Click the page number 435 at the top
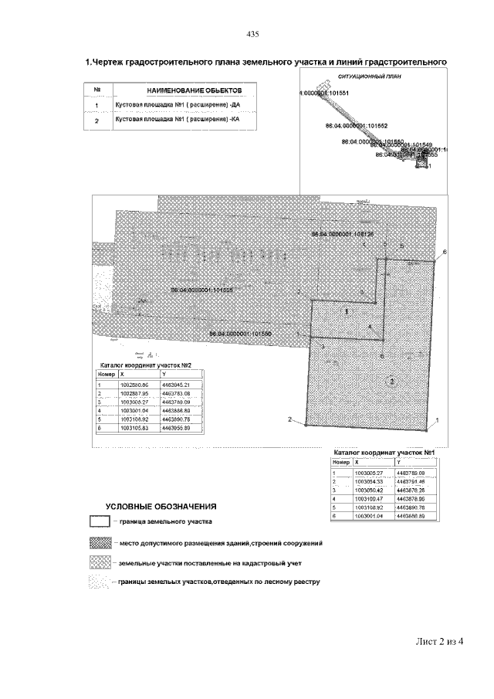click(252, 34)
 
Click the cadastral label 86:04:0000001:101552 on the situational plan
click(357, 124)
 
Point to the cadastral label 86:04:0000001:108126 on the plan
click(342, 232)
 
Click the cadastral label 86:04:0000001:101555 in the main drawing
click(202, 290)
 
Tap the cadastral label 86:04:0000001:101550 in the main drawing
click(240, 334)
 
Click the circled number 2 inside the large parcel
click(392, 382)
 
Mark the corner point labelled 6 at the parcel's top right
click(444, 252)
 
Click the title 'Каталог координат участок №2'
click(142, 365)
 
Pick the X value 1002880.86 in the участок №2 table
click(133, 384)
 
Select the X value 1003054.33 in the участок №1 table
click(369, 481)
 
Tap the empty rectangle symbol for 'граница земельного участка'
click(100, 523)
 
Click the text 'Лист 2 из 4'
click(436, 640)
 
